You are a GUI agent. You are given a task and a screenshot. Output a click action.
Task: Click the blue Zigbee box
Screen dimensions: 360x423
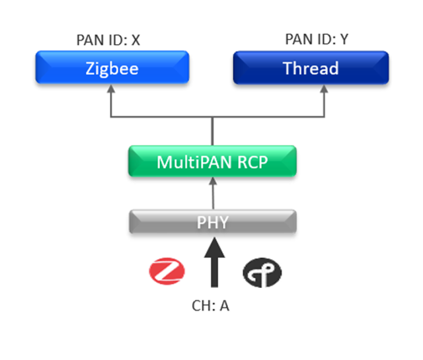coord(112,68)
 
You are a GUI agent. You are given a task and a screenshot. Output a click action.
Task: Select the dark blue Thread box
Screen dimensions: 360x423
coord(311,68)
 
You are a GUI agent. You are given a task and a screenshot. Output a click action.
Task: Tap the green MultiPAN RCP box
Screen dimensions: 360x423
coord(212,162)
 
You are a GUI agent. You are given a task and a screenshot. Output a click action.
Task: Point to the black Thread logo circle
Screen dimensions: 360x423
coord(262,272)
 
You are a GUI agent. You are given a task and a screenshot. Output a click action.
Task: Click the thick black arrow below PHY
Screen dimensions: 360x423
coord(212,268)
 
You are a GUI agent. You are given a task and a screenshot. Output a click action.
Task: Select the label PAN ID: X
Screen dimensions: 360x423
coord(108,40)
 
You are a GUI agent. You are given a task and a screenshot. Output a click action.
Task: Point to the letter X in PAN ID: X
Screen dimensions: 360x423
coord(135,40)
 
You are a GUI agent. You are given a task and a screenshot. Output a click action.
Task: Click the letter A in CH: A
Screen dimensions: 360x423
coord(225,306)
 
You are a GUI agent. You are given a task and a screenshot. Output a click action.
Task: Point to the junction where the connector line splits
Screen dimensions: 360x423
coord(212,117)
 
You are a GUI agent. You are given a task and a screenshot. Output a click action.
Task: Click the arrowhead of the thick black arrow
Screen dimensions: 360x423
coord(212,246)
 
